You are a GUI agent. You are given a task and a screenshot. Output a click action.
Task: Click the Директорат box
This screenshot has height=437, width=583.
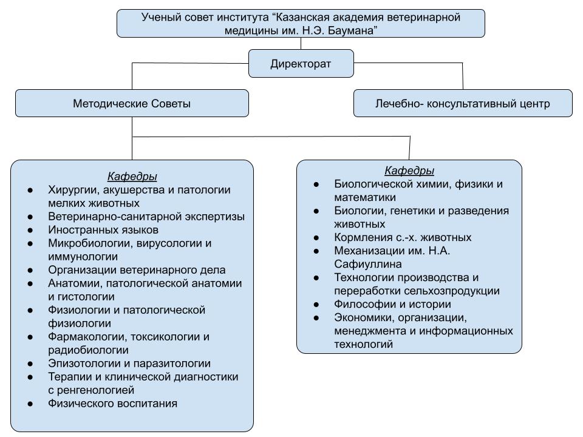[x=301, y=63]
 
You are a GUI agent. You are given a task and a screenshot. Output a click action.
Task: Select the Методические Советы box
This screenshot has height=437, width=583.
[x=132, y=103]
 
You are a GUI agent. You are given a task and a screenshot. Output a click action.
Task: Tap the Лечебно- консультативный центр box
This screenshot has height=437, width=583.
[x=463, y=103]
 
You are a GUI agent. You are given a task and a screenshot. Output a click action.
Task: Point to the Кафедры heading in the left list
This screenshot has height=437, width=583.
[x=132, y=177]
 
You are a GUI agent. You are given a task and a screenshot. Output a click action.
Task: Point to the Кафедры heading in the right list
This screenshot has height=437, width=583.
[x=409, y=171]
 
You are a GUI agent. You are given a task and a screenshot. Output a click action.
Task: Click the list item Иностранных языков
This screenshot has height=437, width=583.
[x=103, y=230]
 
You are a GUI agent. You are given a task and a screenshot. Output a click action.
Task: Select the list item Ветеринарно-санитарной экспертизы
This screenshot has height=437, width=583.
[x=146, y=217]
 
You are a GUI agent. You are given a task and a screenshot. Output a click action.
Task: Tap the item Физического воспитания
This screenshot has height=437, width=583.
[x=112, y=403]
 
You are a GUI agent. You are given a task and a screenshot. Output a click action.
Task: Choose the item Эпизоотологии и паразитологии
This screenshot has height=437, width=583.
[x=129, y=364]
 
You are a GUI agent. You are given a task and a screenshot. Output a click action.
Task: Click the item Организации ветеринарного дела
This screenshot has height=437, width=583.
[x=137, y=270]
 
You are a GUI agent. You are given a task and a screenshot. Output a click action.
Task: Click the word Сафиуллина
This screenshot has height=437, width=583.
[x=367, y=264]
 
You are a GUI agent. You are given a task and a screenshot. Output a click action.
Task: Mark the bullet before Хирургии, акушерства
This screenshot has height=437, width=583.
[x=31, y=190]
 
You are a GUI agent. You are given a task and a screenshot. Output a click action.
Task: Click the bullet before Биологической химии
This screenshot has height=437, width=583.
[x=316, y=184]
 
